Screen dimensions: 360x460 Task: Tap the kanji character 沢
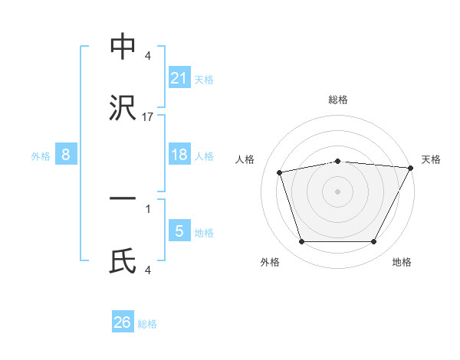123,110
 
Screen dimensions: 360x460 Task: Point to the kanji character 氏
123,262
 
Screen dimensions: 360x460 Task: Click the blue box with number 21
179,77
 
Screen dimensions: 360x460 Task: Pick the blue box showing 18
179,155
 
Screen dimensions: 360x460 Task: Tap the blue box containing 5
179,231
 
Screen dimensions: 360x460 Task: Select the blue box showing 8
66,155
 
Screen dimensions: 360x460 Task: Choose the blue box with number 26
123,322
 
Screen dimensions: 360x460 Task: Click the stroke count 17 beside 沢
148,117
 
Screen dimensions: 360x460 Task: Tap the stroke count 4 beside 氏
148,270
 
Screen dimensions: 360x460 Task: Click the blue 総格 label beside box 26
147,324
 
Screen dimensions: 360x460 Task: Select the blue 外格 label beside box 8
41,156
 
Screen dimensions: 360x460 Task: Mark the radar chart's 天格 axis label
431,159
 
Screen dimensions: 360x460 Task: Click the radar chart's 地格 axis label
402,263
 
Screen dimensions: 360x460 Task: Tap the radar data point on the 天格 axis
411,168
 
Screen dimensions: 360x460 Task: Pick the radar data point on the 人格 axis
280,172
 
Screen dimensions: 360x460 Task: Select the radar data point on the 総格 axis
337,161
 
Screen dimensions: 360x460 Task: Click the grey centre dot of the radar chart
337,191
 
